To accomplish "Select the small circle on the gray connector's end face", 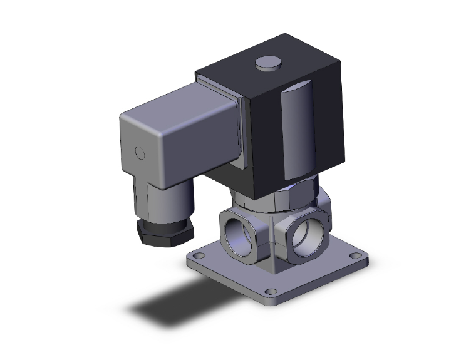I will (140, 153).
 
